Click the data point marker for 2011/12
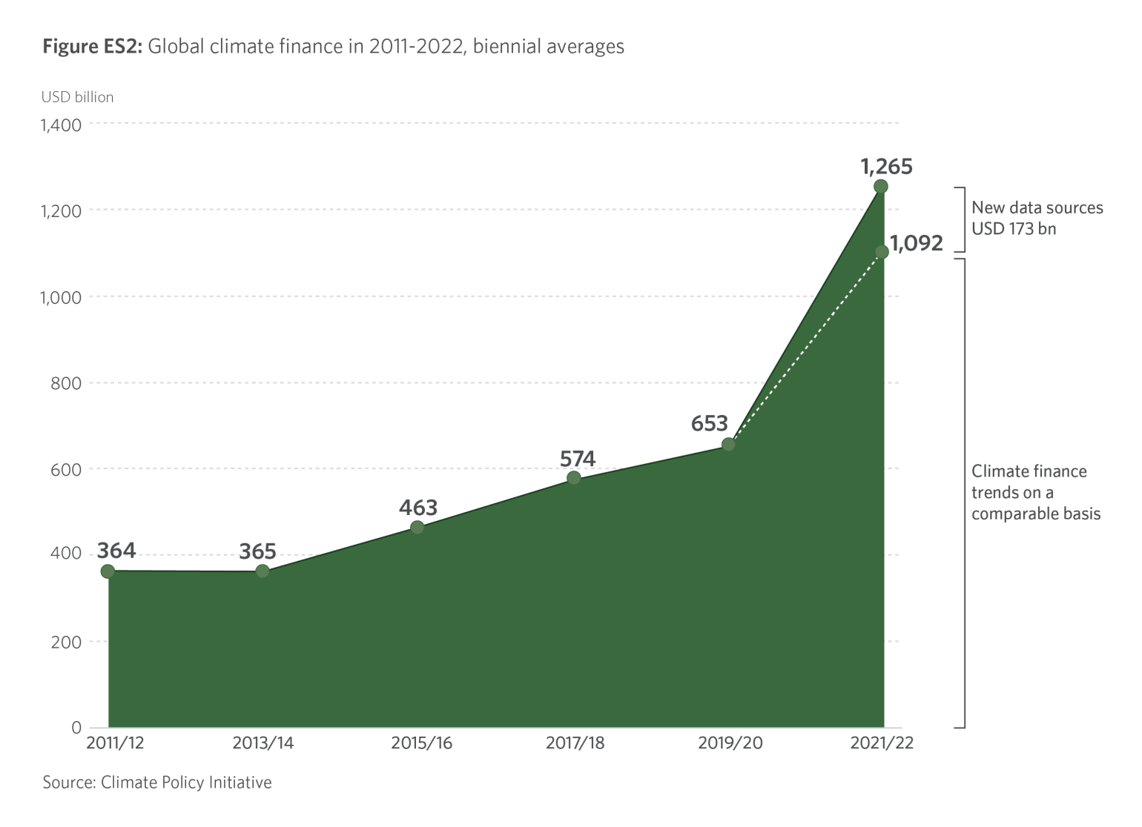click(x=108, y=571)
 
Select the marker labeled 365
click(x=263, y=571)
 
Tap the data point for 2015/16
click(x=417, y=528)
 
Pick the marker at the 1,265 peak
click(x=881, y=187)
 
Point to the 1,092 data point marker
click(x=882, y=252)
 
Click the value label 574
click(x=578, y=459)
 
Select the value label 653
click(x=710, y=424)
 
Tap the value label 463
click(x=418, y=508)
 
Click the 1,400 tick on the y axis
click(x=62, y=124)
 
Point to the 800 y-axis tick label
click(x=66, y=383)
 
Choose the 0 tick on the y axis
click(x=76, y=727)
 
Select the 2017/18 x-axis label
click(x=575, y=743)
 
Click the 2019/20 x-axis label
click(x=730, y=743)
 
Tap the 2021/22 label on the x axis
click(x=882, y=743)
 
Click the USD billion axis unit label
click(x=77, y=97)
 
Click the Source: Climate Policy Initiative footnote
click(x=157, y=783)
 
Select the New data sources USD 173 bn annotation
click(x=1037, y=218)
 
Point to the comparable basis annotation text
click(x=1035, y=492)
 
